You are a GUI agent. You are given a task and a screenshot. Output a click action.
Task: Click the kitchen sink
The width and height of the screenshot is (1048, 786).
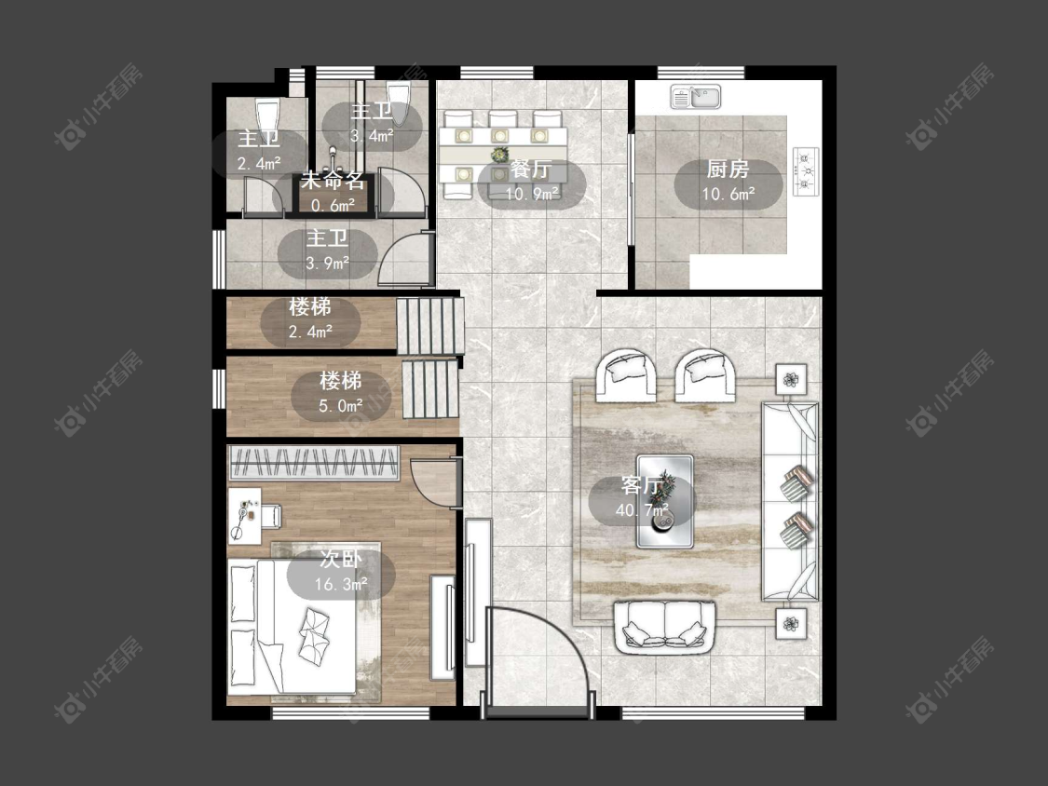(696, 97)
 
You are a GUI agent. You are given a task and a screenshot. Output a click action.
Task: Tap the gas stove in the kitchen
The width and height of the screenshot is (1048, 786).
(806, 171)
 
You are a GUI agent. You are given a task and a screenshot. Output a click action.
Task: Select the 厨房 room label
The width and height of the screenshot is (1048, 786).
(728, 169)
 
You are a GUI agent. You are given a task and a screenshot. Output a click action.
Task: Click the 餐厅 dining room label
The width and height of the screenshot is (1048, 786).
(531, 169)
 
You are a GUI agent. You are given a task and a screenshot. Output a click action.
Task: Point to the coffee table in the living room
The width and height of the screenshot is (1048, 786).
(664, 501)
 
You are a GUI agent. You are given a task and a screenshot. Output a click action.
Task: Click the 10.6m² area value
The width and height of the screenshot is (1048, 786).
(728, 194)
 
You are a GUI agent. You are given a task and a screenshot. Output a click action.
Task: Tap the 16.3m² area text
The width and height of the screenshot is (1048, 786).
(341, 584)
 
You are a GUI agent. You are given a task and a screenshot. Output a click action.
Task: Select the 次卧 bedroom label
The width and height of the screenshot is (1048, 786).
(341, 559)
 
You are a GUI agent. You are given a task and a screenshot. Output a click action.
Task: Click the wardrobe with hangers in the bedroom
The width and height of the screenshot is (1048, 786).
(313, 463)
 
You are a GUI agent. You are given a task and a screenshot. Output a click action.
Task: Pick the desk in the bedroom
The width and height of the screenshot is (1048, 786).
(244, 516)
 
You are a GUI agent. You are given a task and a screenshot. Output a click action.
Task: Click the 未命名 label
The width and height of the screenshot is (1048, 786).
(333, 181)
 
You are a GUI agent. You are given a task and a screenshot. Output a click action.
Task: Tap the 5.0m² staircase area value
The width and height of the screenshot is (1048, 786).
(341, 406)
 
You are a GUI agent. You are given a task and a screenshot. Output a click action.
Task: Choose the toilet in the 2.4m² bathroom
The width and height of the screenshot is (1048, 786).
(266, 115)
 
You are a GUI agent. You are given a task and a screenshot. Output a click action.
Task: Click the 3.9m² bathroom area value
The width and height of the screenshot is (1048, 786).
(328, 264)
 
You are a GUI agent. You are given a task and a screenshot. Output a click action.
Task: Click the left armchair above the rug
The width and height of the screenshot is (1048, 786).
(628, 375)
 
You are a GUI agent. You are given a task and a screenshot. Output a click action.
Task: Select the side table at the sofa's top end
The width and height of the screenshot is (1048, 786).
(791, 380)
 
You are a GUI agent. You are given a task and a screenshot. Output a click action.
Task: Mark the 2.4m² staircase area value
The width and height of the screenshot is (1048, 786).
(311, 332)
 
